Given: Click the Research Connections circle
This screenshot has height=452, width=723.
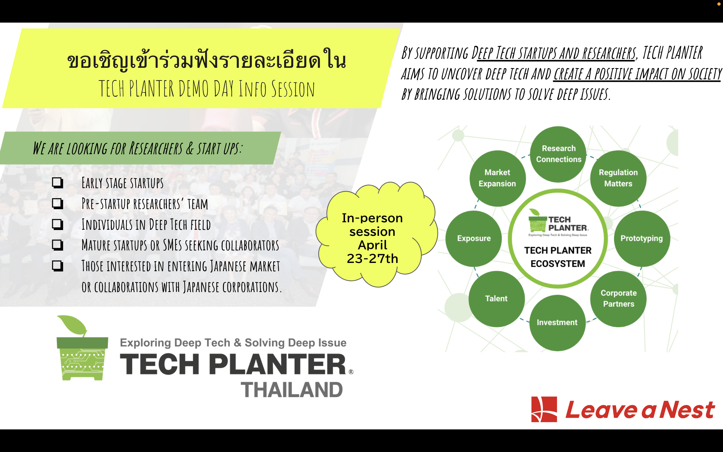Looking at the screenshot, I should [558, 154].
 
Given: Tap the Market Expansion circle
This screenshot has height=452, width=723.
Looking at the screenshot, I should [497, 178].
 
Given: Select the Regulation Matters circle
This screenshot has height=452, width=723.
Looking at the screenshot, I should [618, 178].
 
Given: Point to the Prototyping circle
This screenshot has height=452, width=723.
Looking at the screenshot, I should [641, 238].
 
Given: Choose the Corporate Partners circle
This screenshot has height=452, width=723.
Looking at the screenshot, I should [618, 298].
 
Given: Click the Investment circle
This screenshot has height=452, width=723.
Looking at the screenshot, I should [557, 322].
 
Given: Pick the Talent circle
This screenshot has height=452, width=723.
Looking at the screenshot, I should [496, 298].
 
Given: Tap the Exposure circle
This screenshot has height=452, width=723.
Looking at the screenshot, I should [474, 238].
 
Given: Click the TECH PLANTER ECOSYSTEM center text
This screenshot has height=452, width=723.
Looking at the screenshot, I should [558, 257].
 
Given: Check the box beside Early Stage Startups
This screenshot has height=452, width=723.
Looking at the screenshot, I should [57, 183].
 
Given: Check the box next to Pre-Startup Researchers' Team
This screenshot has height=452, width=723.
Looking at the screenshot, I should [57, 204].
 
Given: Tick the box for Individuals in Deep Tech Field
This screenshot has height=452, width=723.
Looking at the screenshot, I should [57, 224].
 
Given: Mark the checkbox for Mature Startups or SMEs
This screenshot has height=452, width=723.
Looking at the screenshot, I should [57, 245].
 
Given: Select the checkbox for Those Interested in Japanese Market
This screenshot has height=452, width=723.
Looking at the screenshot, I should [57, 266].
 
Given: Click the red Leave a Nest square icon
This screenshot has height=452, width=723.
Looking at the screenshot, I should [544, 409].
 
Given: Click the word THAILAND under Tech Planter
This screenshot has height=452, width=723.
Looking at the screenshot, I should [292, 390].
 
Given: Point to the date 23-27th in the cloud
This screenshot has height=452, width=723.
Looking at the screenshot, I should [372, 259].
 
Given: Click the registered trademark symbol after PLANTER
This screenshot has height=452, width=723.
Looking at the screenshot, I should [351, 372].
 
